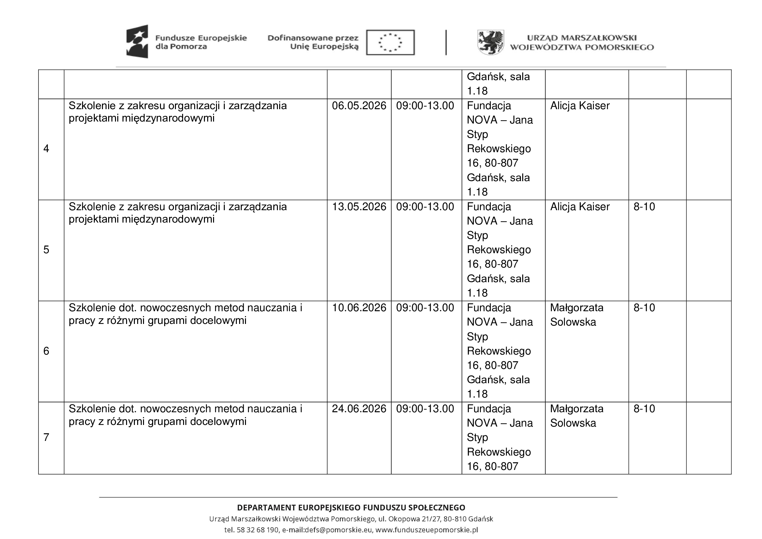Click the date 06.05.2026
pos(359,106)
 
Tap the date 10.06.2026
pos(359,308)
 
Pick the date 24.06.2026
pos(359,409)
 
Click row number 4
pos(46,149)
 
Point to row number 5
pos(46,250)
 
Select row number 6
pos(46,351)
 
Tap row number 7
pos(46,437)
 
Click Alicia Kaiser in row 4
pos(580,106)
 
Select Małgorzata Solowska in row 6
pos(577,315)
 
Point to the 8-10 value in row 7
pos(644,409)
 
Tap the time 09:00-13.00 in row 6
pos(425,308)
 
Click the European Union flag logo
pos(390,42)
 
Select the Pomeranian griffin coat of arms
pos(490,42)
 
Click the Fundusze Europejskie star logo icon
pos(137,41)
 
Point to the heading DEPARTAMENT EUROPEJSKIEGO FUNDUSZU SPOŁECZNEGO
pos(351,508)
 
